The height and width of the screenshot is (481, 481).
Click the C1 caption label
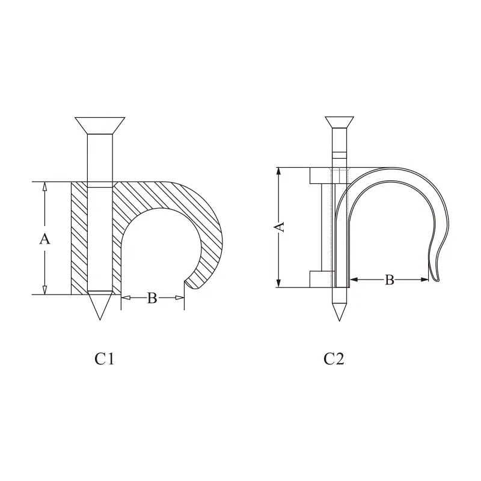click(105, 358)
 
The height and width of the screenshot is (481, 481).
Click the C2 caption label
click(334, 358)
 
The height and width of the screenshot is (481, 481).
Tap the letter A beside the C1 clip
click(44, 239)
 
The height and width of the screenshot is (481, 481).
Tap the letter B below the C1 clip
click(152, 298)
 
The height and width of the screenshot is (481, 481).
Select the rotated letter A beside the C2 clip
click(279, 227)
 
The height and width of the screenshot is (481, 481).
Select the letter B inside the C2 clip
click(389, 280)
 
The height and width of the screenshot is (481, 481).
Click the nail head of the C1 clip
click(100, 126)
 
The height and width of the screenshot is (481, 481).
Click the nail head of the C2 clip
click(339, 122)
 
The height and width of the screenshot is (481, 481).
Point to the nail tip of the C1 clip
click(100, 320)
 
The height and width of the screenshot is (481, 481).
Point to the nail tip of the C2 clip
click(339, 321)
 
